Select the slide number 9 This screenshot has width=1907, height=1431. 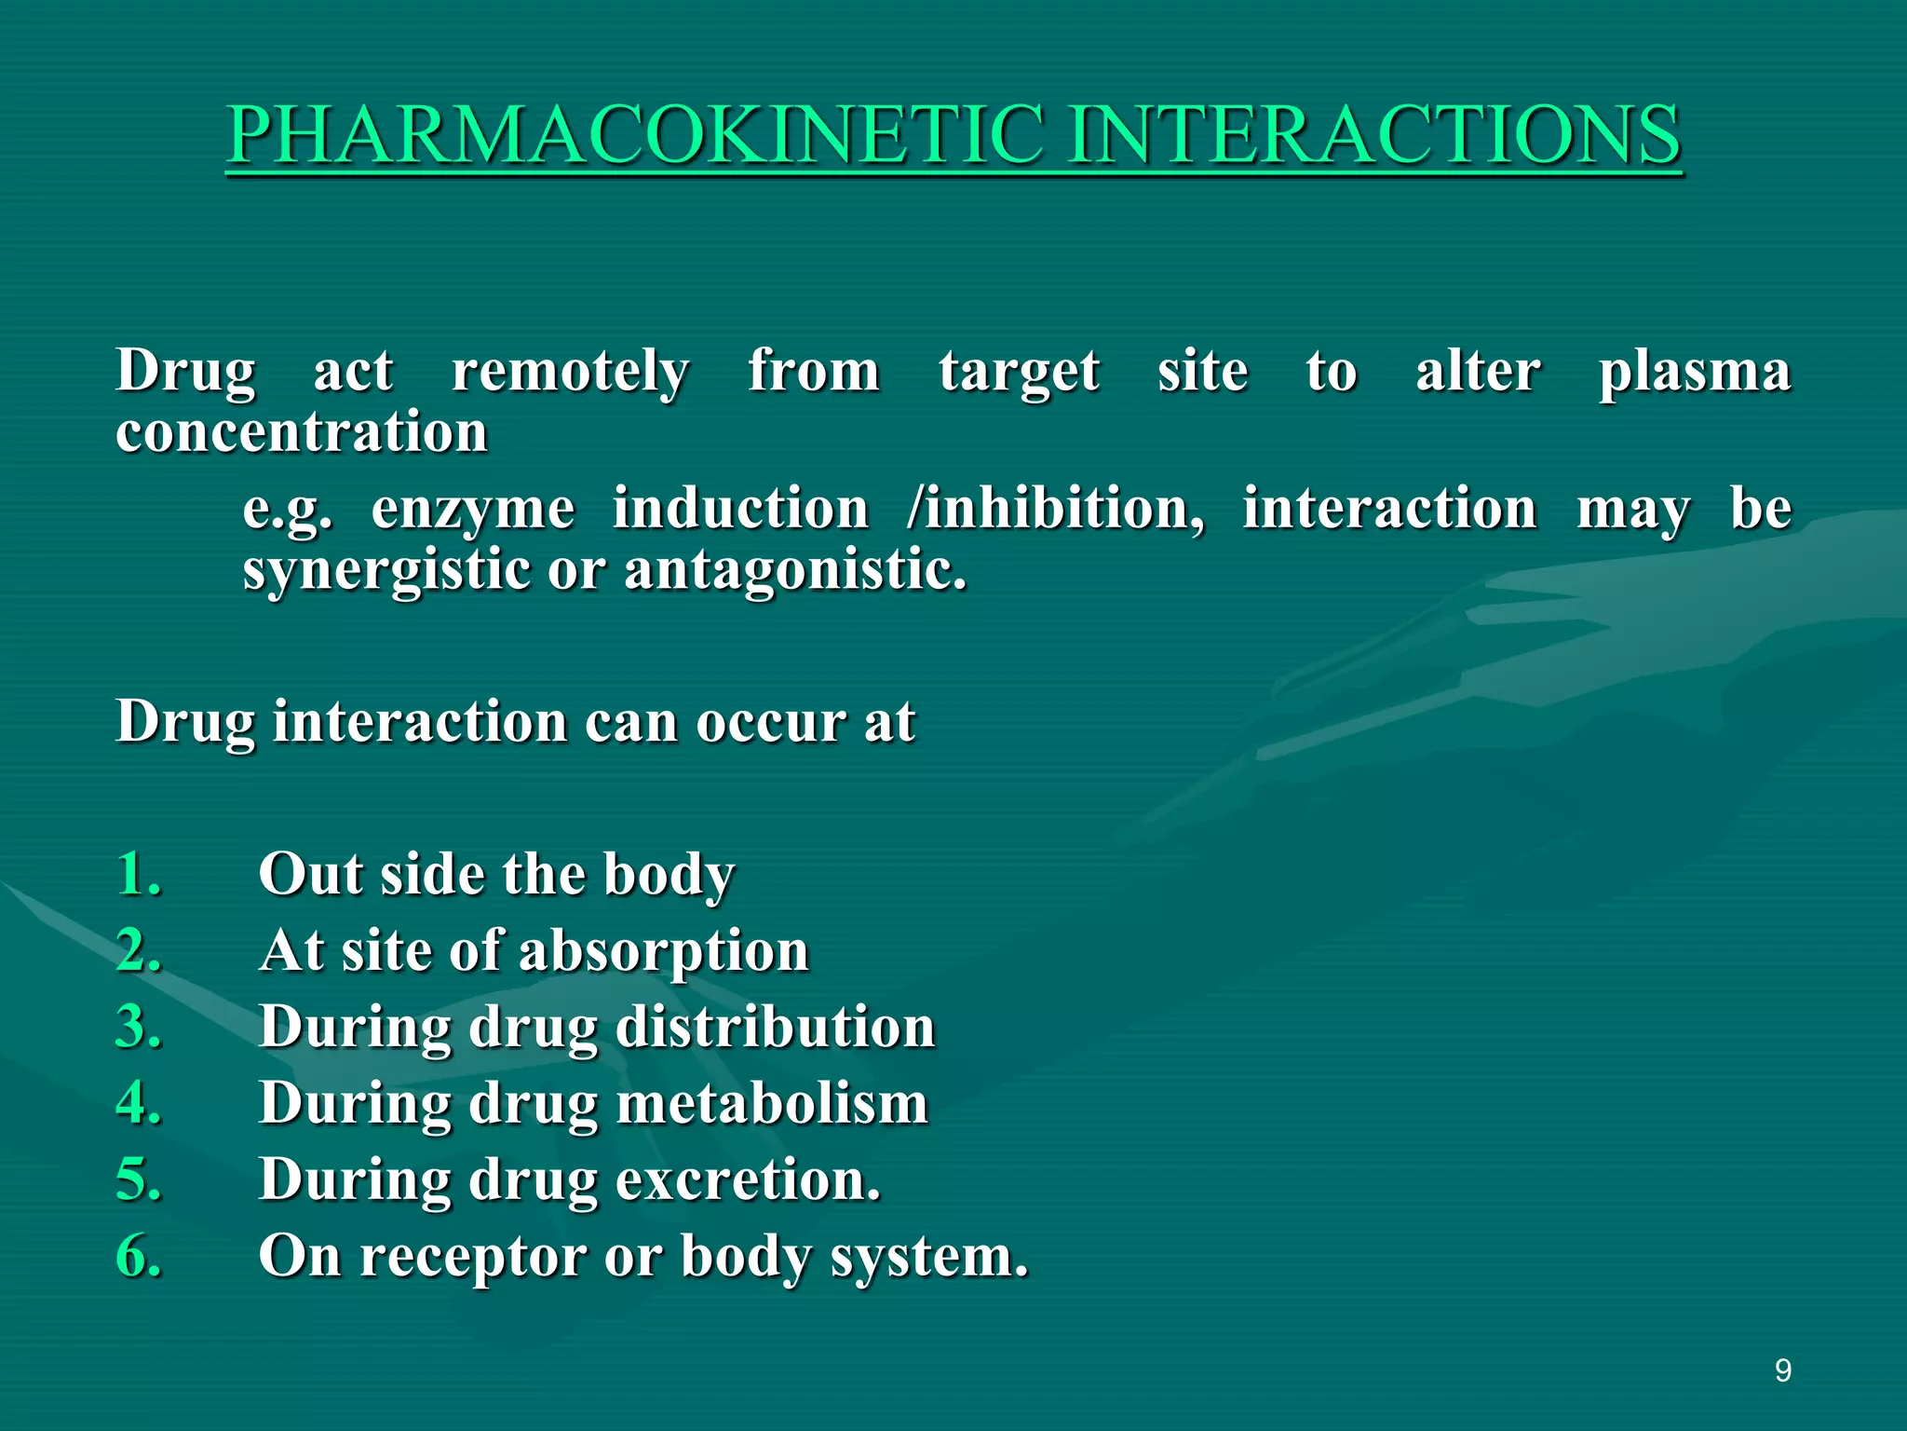pos(1782,1370)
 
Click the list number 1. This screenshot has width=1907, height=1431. pos(139,874)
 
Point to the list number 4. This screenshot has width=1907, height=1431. pos(139,1103)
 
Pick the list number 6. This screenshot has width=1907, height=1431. pos(139,1256)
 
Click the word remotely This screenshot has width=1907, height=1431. pos(570,373)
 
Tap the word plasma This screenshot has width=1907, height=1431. pos(1695,373)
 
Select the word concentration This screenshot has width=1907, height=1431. pos(302,432)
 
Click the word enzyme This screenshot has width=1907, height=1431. pos(473,511)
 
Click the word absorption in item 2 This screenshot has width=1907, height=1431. pos(663,952)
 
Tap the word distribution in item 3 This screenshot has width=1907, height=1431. pos(775,1027)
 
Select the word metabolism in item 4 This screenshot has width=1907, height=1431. pos(772,1103)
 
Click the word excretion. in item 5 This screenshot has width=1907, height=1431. pos(748,1179)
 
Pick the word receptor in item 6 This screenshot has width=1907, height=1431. pos(473,1258)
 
